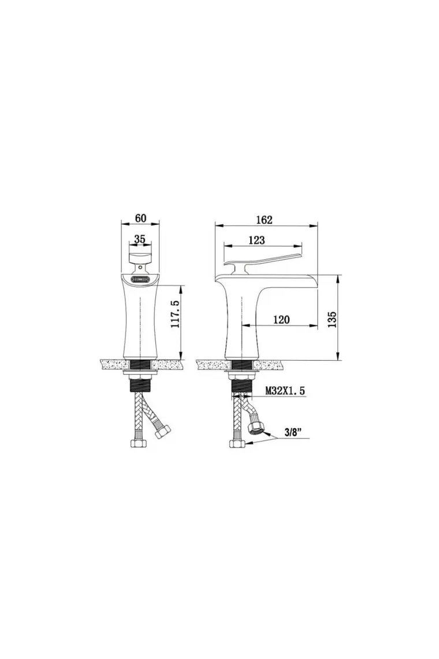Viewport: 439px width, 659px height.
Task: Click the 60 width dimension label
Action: [x=141, y=218]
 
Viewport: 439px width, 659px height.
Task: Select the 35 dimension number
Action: [x=139, y=239]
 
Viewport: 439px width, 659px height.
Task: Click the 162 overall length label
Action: [x=264, y=220]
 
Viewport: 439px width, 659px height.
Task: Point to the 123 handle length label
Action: [x=256, y=240]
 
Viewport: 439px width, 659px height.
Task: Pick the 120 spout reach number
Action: [x=281, y=320]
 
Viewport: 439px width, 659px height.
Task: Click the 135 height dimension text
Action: [x=332, y=320]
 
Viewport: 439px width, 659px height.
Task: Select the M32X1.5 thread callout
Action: [x=285, y=391]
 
